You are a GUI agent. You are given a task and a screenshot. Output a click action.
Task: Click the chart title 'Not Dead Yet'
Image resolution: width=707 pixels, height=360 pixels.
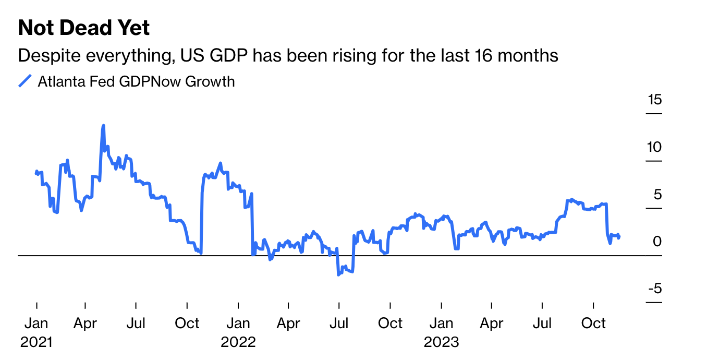(x=83, y=28)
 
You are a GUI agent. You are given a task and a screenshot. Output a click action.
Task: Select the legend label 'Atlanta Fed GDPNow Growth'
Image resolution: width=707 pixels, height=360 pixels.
(x=136, y=81)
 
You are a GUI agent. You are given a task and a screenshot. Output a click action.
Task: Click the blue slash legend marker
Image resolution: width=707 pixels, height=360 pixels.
(x=25, y=81)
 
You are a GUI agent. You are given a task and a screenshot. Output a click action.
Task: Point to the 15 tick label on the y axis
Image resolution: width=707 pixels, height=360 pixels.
(x=654, y=99)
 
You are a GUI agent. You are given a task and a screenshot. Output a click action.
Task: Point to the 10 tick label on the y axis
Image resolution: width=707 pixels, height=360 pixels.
(x=654, y=147)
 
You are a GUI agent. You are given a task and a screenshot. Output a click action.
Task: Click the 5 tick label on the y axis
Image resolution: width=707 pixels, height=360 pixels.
(x=657, y=194)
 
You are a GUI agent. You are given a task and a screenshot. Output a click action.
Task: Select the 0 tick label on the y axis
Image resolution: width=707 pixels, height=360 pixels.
(x=657, y=242)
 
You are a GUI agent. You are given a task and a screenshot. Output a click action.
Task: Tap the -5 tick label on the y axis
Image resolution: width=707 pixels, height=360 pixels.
(x=654, y=289)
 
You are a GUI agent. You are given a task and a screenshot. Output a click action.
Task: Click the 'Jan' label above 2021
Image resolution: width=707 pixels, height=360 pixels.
(x=36, y=323)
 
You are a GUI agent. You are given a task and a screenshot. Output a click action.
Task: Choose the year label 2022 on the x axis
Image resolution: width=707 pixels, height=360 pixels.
(x=238, y=342)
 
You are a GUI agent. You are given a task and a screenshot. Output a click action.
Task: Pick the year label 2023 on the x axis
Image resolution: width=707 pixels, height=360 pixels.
(x=441, y=342)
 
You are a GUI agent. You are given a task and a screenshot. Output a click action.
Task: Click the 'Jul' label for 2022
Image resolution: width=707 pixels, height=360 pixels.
(x=339, y=323)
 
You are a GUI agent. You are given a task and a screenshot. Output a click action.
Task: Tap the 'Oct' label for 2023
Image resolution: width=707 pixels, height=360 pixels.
(x=593, y=323)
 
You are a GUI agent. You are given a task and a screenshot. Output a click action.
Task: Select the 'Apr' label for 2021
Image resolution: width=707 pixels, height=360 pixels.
(x=85, y=323)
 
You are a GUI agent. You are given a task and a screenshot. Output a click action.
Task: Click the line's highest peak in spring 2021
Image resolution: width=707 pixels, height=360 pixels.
(x=103, y=125)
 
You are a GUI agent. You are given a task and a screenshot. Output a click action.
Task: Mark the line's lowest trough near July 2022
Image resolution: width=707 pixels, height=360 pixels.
(x=338, y=274)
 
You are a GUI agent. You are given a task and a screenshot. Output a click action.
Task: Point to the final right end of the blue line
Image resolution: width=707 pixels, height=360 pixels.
(x=619, y=237)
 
